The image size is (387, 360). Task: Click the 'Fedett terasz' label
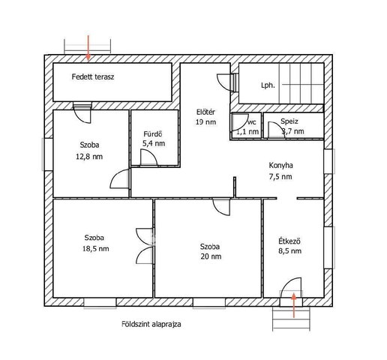pyautogui.click(x=93, y=76)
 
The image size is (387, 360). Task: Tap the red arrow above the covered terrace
pyautogui.click(x=88, y=48)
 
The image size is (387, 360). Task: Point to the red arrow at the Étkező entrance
pyautogui.click(x=294, y=305)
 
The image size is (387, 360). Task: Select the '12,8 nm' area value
pyautogui.click(x=89, y=157)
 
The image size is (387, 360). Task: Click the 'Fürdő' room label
pyautogui.click(x=153, y=134)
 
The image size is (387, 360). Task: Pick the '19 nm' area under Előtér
pyautogui.click(x=205, y=122)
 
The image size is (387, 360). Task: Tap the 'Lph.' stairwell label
pyautogui.click(x=268, y=85)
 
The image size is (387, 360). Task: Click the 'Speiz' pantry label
pyautogui.click(x=289, y=121)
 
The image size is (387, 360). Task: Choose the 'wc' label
pyautogui.click(x=252, y=122)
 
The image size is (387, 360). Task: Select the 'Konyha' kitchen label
pyautogui.click(x=280, y=165)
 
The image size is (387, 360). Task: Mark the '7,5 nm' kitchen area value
pyautogui.click(x=280, y=177)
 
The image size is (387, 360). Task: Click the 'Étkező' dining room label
pyautogui.click(x=289, y=241)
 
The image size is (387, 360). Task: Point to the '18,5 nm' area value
pyautogui.click(x=96, y=249)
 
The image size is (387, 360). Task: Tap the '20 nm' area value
pyautogui.click(x=211, y=256)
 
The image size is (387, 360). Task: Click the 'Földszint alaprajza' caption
pyautogui.click(x=151, y=324)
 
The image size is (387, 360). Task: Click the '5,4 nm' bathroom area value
pyautogui.click(x=154, y=143)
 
